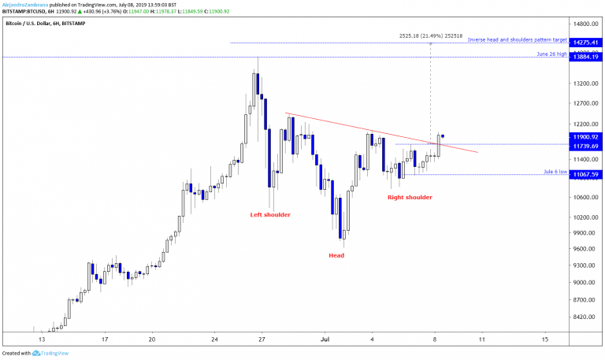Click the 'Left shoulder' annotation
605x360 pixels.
point(270,214)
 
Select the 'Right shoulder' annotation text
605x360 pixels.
point(410,197)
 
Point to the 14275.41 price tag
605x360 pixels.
point(586,42)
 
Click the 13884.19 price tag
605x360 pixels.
point(586,58)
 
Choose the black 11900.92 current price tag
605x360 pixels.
point(586,136)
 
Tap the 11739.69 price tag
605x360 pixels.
point(586,146)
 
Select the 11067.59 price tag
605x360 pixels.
point(586,174)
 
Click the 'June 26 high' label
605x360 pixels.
point(551,54)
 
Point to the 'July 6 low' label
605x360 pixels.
point(555,171)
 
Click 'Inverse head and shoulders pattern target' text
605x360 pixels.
point(516,39)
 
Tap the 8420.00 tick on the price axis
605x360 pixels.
point(585,317)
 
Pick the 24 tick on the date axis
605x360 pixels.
point(214,339)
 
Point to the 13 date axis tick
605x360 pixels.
point(41,339)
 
